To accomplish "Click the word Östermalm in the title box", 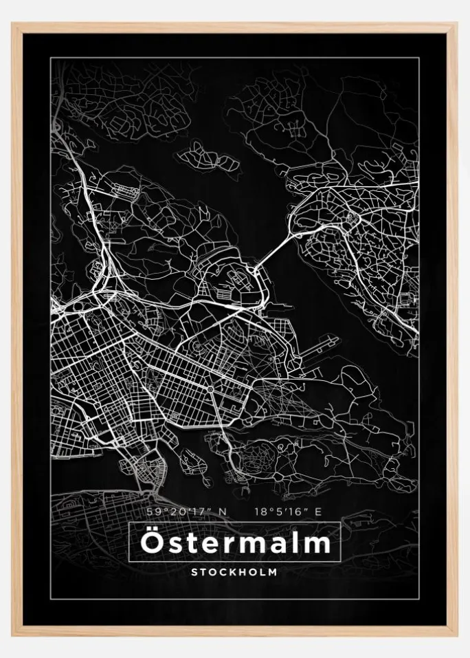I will [x=235, y=543].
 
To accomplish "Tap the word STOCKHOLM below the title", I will [x=235, y=571].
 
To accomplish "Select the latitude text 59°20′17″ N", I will [x=186, y=512].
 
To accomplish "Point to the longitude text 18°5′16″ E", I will [x=287, y=512].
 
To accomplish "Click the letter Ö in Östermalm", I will [x=150, y=542].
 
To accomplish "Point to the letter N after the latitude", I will [x=221, y=512].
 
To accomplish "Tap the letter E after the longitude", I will [x=317, y=512].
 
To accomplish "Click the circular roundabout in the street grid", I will [x=210, y=389].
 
